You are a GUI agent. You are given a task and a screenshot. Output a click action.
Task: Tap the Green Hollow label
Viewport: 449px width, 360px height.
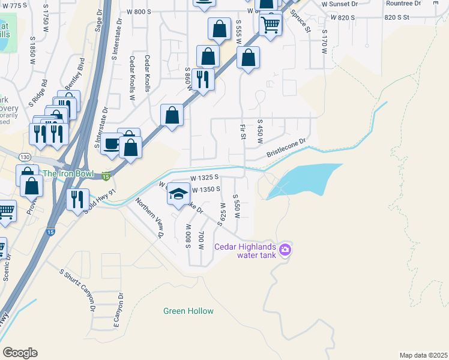[x=188, y=311]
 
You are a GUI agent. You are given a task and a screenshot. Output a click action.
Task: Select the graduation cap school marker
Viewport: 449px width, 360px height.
[x=178, y=194]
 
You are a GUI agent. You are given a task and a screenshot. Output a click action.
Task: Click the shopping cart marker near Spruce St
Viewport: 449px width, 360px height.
[x=271, y=25]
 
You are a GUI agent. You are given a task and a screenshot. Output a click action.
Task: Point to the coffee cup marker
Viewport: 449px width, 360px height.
[x=112, y=144]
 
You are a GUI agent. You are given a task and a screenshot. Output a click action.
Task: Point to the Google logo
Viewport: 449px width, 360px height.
[x=20, y=353]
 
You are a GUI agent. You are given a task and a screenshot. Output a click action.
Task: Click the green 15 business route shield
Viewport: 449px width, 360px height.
[x=106, y=176]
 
